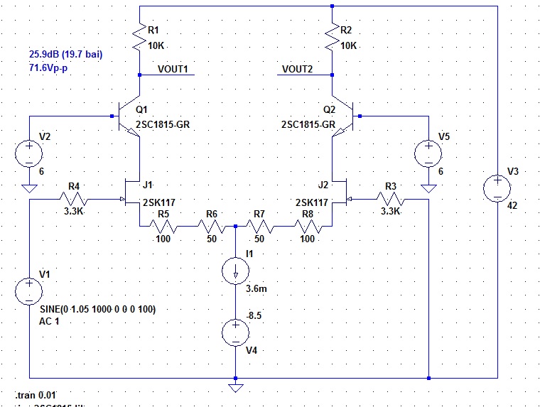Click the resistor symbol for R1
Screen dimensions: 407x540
tap(140, 40)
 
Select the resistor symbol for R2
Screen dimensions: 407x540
tap(332, 40)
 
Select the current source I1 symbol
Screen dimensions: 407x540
tap(235, 271)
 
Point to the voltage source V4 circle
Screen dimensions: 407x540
tap(235, 332)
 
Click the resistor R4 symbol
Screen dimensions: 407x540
tap(75, 200)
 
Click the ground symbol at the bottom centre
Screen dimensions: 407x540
tap(235, 388)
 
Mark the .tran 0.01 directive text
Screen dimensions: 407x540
tap(35, 394)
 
